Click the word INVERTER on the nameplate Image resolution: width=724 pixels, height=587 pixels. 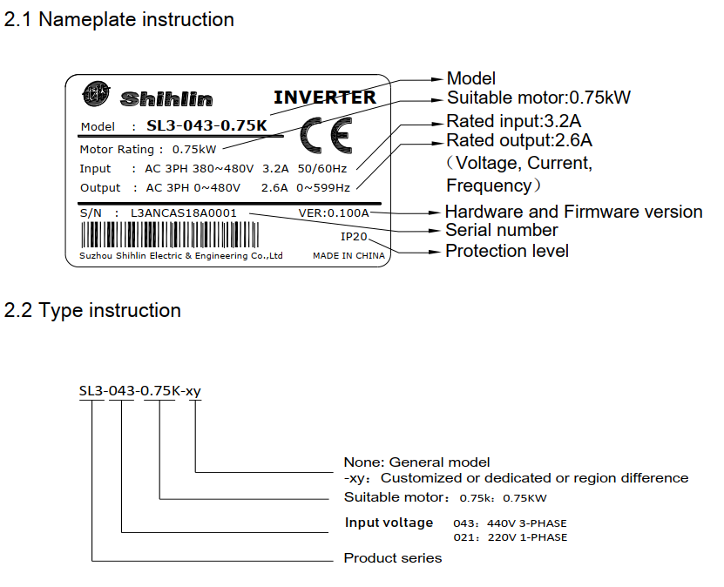(325, 98)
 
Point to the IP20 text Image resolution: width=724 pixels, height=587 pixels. (355, 236)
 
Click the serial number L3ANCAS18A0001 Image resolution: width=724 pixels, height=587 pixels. (184, 212)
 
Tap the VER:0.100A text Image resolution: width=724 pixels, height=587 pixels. (334, 212)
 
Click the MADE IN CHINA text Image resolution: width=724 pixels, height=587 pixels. (348, 256)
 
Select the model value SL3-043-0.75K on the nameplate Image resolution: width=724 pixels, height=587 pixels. (206, 125)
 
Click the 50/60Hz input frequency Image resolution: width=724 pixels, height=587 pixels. (321, 168)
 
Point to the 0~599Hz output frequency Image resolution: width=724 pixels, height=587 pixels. (323, 187)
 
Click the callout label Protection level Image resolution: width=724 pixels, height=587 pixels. (507, 251)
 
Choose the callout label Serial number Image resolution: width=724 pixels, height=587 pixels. (502, 230)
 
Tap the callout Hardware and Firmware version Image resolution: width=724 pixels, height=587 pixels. (573, 212)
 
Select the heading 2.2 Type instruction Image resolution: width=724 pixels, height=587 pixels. (93, 311)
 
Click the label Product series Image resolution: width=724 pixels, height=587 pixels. (393, 558)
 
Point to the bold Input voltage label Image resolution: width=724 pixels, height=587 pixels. (389, 523)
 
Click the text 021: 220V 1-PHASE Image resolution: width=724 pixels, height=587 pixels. (510, 537)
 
